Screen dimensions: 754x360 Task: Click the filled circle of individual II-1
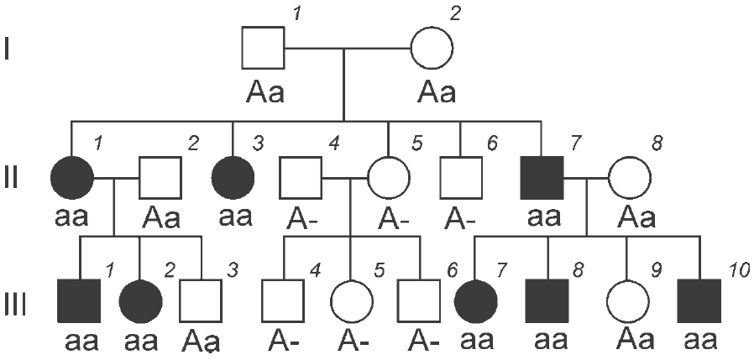[x=71, y=177]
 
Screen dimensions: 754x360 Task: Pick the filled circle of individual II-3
[x=233, y=177]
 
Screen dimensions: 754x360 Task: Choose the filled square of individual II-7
[x=542, y=177]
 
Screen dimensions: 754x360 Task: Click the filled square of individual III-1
[x=79, y=301]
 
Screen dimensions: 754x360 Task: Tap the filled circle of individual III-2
[x=140, y=301]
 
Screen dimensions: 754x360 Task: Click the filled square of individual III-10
[x=699, y=301]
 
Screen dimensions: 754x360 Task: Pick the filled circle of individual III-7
[x=475, y=301]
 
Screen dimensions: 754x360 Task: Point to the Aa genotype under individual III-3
[x=201, y=341]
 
